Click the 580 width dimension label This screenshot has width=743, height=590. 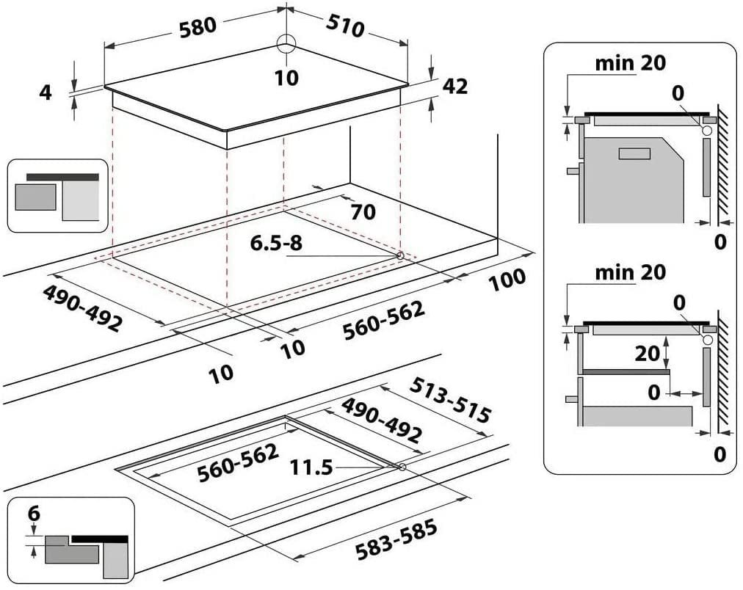click(198, 26)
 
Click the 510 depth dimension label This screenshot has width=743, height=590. click(346, 26)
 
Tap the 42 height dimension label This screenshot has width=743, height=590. click(455, 86)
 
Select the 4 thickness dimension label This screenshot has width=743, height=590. click(46, 92)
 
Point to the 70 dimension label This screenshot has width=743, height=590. click(363, 212)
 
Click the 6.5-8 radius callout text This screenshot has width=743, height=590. click(276, 243)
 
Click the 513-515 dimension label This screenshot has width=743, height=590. click(449, 400)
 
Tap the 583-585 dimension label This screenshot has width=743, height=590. click(396, 540)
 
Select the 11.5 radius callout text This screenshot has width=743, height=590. click(311, 467)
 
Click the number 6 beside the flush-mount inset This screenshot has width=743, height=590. click(34, 513)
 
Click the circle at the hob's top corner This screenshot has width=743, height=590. click(286, 44)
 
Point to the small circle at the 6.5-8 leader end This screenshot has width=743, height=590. click(400, 255)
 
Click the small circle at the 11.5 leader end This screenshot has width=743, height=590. click(402, 467)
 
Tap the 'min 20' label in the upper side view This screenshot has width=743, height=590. click(630, 63)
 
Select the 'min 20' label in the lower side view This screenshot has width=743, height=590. click(630, 273)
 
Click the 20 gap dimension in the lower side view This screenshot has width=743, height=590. click(648, 353)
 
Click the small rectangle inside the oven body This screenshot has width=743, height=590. click(634, 153)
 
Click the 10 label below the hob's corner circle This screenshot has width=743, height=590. click(286, 78)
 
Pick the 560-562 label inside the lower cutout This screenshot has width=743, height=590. click(238, 462)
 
